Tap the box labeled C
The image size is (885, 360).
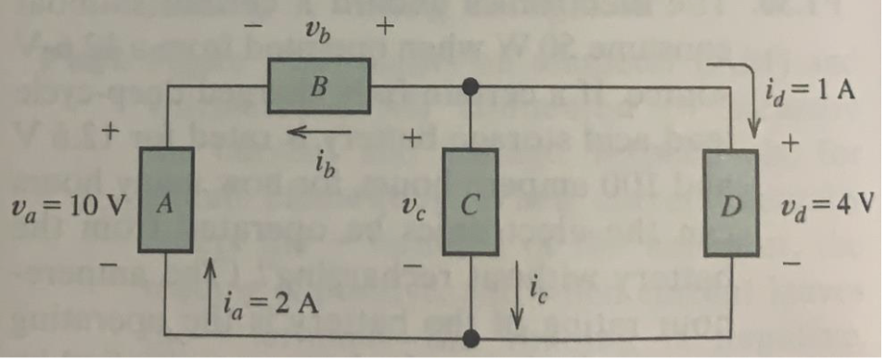click(x=471, y=201)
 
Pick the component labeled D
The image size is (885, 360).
click(x=732, y=202)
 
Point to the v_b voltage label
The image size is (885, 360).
click(x=316, y=28)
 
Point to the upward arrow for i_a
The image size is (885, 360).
click(x=212, y=288)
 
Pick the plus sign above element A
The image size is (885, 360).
click(x=110, y=133)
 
